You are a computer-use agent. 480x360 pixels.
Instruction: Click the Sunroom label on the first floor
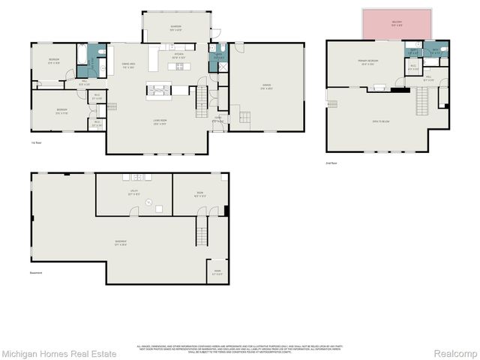[175, 28]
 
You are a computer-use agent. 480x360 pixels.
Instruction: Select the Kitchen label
[179, 55]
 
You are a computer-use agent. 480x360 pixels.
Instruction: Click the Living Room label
[160, 124]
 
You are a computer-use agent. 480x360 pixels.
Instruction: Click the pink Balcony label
[397, 22]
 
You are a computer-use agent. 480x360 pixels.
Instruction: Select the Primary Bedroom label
[367, 63]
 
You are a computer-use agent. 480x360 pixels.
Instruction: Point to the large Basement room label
[120, 242]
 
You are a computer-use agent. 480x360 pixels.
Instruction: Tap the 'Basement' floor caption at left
[37, 273]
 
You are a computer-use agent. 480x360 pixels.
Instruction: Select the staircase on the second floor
[424, 98]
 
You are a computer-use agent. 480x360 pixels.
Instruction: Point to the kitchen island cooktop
[180, 66]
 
